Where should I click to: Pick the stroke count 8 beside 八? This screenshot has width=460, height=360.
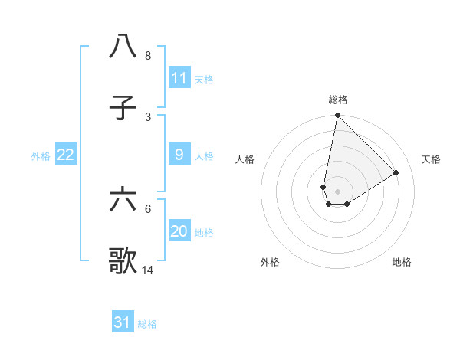148,56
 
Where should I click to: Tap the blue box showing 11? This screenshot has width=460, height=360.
179,78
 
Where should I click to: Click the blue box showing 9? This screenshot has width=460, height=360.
179,155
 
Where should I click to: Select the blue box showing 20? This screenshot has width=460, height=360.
179,231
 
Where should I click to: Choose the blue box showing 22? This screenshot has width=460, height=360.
66,155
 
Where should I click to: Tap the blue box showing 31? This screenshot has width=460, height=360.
123,322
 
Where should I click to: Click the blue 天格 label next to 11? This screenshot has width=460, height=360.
204,79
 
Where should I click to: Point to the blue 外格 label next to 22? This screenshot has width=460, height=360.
41,155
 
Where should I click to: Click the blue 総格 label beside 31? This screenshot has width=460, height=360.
147,324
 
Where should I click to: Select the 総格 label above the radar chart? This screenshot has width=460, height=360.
338,100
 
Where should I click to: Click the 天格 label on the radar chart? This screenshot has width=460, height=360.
431,159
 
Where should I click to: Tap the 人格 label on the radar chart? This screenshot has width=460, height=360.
245,159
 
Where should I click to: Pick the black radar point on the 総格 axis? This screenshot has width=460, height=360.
337,116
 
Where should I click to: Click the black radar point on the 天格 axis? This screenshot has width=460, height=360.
396,173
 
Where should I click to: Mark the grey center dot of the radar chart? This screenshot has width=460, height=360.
337,191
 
